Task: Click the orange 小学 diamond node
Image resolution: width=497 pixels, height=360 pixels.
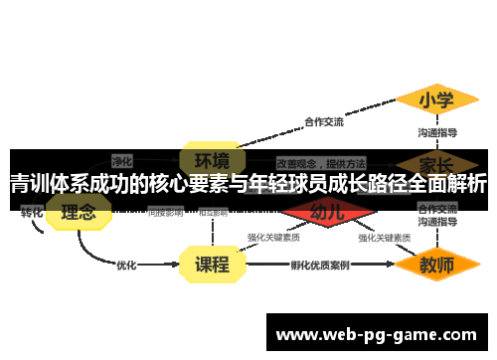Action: [434, 100]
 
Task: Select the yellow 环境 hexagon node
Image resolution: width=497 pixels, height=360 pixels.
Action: [213, 159]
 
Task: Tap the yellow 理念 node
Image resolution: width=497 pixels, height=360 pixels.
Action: [79, 211]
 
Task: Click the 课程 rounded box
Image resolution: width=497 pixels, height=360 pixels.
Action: [212, 265]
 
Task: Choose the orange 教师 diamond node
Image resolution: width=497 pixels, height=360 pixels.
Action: [435, 266]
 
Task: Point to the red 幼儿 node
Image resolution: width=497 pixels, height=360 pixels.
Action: [327, 211]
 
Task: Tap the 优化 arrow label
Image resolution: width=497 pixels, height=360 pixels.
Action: [126, 265]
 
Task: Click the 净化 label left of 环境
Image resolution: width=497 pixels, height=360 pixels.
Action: [122, 159]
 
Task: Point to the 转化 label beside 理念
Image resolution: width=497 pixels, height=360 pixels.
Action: [32, 212]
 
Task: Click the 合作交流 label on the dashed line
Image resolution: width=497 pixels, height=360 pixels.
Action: [323, 122]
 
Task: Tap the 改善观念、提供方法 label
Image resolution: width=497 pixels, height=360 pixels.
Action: [320, 161]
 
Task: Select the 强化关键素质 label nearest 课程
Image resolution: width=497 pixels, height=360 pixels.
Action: [273, 238]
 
